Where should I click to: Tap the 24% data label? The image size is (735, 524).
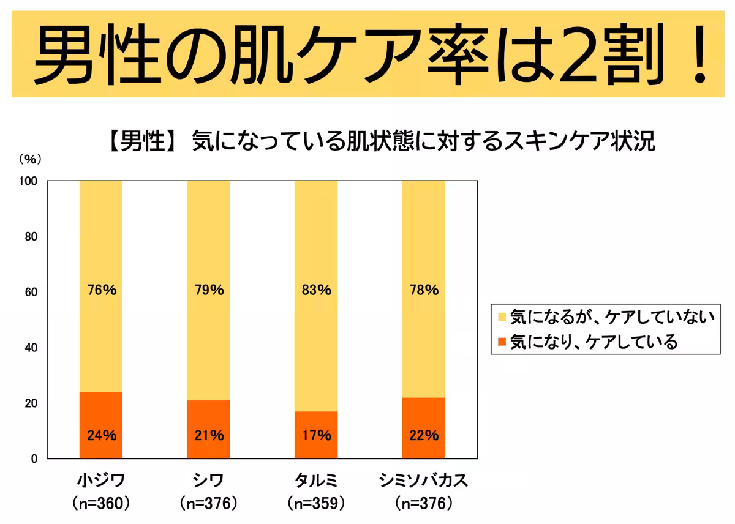click(101, 436)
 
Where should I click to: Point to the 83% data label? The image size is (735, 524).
click(316, 290)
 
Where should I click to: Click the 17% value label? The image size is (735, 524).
click(316, 436)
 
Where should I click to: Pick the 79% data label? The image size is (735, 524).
click(209, 290)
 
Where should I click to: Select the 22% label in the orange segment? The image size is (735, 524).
click(424, 436)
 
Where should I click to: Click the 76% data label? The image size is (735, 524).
click(101, 290)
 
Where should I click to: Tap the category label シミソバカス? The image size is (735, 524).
click(424, 480)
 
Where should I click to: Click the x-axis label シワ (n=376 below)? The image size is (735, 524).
click(209, 480)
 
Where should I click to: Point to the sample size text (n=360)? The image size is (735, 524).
click(101, 504)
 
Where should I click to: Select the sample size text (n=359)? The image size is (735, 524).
click(316, 504)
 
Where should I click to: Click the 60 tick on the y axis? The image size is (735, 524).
click(30, 292)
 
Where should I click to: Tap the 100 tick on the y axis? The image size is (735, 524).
click(28, 181)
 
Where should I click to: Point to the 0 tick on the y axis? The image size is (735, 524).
click(34, 458)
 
